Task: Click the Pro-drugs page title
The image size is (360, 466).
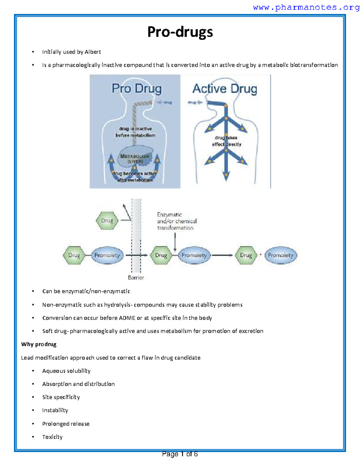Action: (x=180, y=32)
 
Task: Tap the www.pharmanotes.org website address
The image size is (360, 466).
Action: (x=306, y=7)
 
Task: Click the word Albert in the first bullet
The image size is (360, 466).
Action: (x=93, y=52)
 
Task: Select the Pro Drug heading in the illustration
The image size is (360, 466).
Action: (x=136, y=89)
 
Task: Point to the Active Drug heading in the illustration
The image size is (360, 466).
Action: (x=225, y=89)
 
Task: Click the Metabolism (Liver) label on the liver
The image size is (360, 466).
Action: (x=135, y=158)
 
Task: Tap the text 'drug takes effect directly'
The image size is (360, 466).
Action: (x=226, y=141)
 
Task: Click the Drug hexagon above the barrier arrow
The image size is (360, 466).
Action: (x=107, y=221)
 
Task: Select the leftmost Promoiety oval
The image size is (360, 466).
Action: (x=107, y=255)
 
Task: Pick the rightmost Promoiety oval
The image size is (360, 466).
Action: (x=280, y=255)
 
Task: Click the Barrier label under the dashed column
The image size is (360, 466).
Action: (x=136, y=278)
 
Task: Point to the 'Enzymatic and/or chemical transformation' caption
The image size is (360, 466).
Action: (x=176, y=221)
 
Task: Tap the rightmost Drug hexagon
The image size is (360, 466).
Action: (x=246, y=255)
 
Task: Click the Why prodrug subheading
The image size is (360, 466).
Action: (x=39, y=344)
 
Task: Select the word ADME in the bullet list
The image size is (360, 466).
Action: (x=127, y=318)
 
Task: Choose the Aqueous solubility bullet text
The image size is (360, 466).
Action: (x=66, y=371)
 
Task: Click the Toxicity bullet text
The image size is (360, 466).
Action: (x=52, y=437)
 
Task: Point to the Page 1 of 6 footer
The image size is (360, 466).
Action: (x=180, y=454)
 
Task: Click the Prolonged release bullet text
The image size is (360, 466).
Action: (x=66, y=424)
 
